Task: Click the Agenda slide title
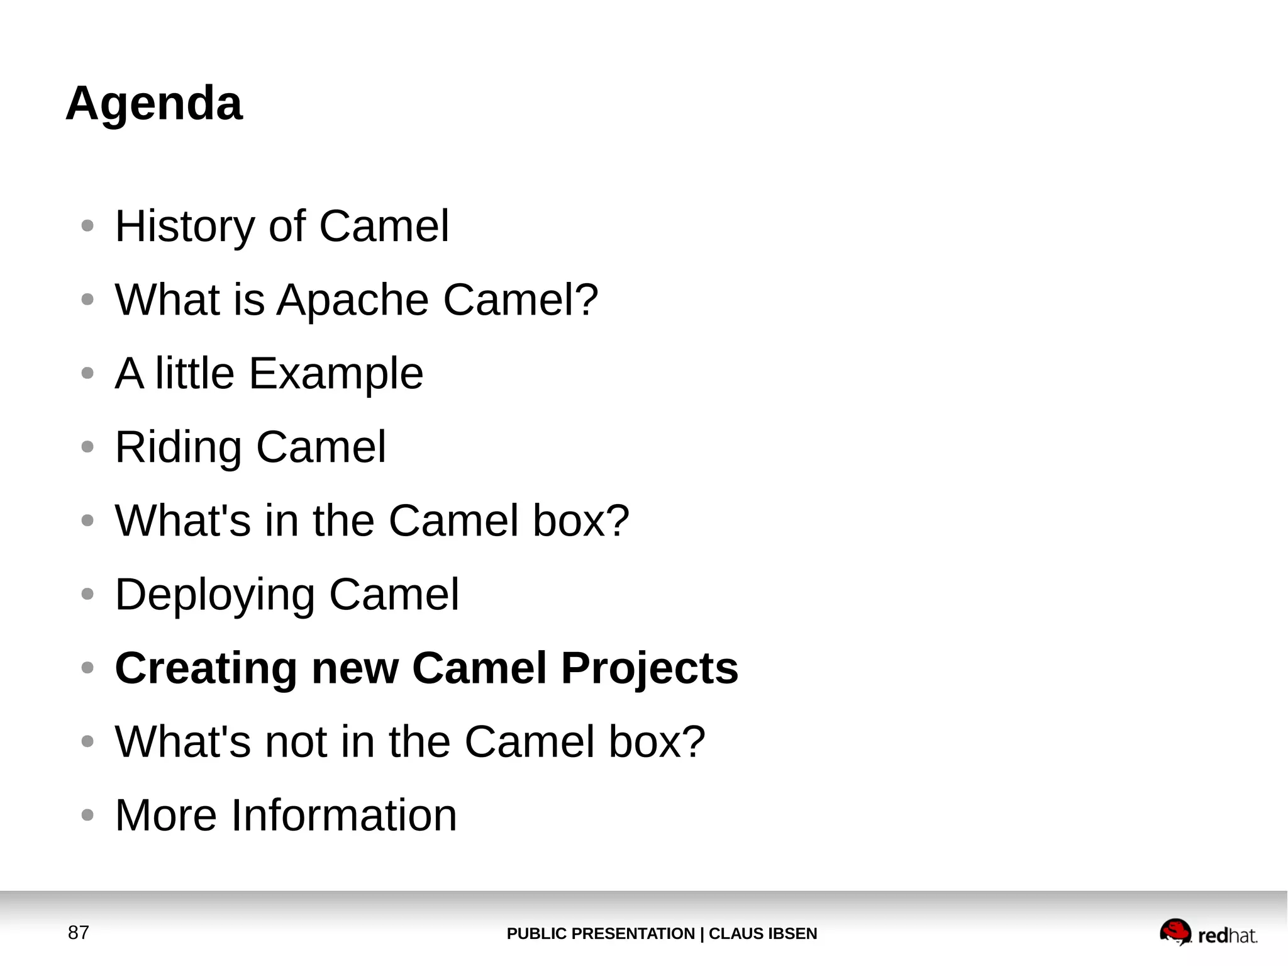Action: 154,103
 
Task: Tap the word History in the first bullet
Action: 185,227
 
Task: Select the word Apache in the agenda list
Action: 353,300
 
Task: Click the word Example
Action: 336,374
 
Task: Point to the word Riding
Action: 178,448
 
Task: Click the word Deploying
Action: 214,595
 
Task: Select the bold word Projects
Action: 649,668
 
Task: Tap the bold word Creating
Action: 206,668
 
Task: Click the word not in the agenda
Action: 296,742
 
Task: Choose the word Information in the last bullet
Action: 343,816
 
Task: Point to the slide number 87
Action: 79,933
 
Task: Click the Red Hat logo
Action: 1207,933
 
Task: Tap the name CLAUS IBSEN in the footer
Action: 763,934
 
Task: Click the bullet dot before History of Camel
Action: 87,226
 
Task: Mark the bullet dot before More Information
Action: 87,816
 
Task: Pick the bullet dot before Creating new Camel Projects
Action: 87,668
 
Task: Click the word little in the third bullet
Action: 195,373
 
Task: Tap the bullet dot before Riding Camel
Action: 87,447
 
